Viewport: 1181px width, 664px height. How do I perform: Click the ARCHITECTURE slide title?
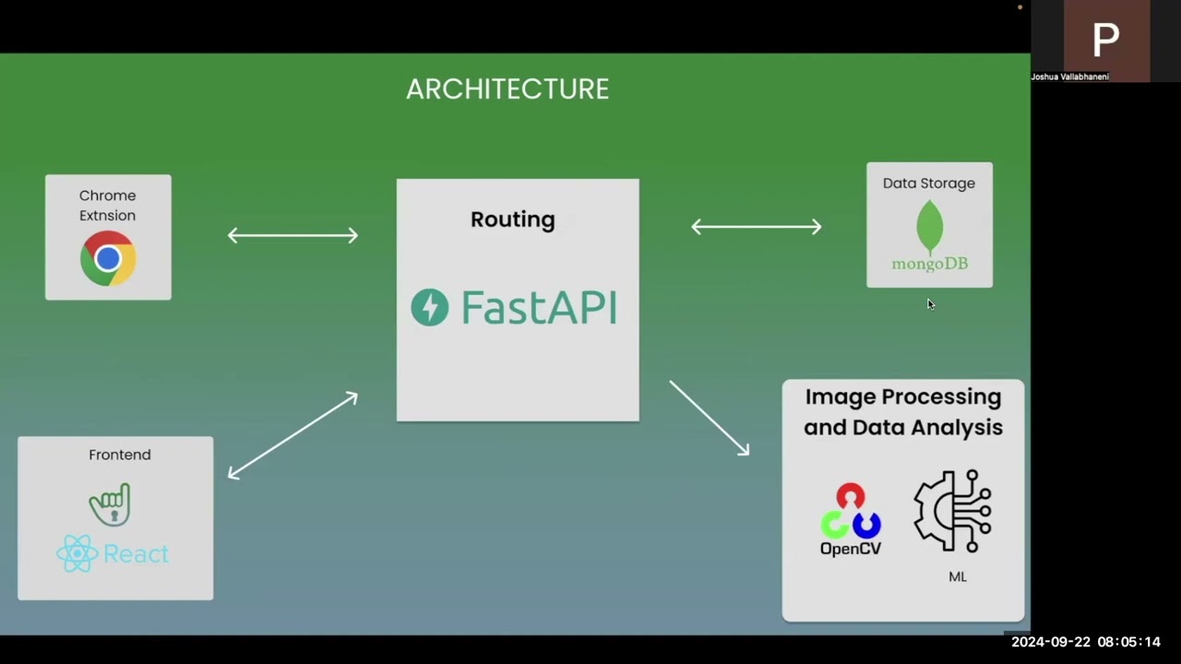coord(507,89)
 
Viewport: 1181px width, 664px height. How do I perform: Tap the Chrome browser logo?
coord(108,259)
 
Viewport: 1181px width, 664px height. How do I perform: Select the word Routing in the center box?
coord(513,219)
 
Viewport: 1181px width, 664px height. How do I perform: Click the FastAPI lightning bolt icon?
coord(430,307)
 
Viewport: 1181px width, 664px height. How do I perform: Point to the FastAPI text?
coord(539,307)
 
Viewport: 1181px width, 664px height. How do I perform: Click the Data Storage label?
coord(928,184)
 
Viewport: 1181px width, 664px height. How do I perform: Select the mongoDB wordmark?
coord(929,264)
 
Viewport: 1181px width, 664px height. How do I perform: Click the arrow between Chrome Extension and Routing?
coord(292,236)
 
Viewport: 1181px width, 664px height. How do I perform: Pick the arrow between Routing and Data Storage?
coord(757,227)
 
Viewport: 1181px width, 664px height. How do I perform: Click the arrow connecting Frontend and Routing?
coord(292,435)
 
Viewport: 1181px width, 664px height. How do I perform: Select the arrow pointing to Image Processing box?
coord(710,418)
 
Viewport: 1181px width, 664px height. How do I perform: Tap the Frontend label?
coord(120,455)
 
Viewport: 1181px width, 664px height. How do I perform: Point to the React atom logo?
coord(78,554)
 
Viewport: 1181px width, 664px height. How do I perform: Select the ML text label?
coord(958,576)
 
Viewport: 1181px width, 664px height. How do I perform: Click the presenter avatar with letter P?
coord(1106,39)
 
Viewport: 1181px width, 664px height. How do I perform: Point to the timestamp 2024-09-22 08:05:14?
coord(1086,642)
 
